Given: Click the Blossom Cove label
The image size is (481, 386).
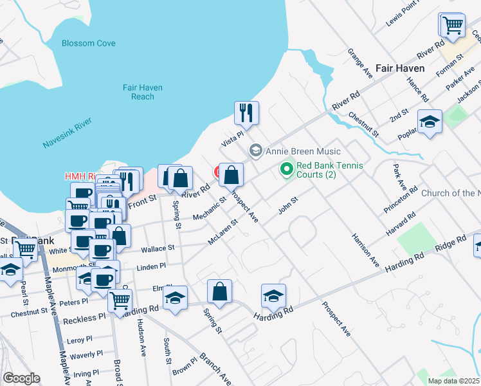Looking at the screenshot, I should [89, 43].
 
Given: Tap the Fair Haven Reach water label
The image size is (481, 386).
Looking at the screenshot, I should [143, 92].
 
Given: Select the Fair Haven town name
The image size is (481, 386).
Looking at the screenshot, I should [399, 68].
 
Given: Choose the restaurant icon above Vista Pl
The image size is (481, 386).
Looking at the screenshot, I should [246, 113].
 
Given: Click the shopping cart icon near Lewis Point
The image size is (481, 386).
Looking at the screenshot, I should [452, 25].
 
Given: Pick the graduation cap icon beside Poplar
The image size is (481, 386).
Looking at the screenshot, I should [430, 122].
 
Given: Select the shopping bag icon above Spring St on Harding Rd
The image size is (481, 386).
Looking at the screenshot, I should [220, 291].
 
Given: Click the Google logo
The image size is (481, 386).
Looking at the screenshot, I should [21, 378].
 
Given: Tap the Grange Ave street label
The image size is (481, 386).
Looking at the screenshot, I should [359, 62].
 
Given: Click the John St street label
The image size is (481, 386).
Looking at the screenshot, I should [288, 203].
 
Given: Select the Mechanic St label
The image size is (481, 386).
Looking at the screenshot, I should [214, 207].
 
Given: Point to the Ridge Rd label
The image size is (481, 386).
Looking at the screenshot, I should [451, 244].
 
